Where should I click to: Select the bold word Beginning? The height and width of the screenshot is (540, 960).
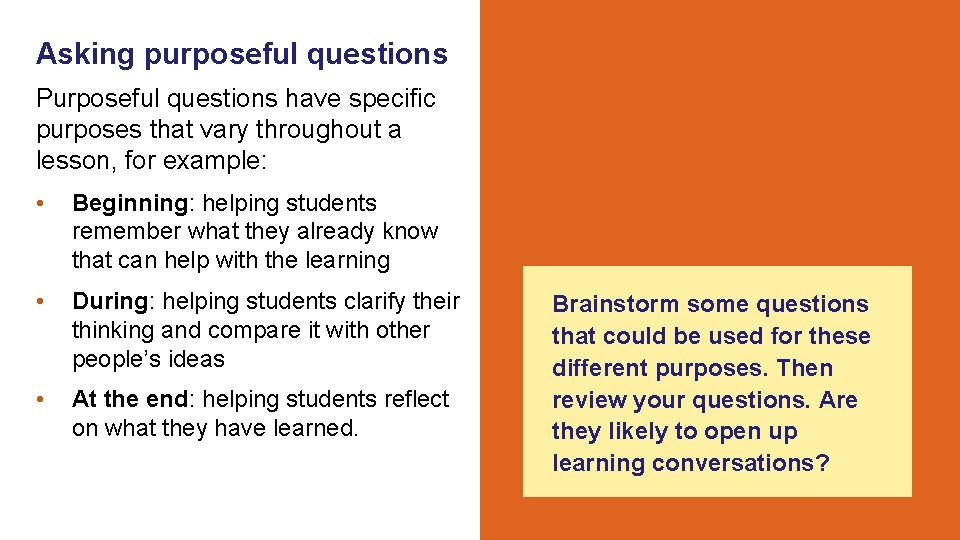(x=130, y=203)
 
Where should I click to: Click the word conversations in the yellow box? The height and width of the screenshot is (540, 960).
(x=741, y=464)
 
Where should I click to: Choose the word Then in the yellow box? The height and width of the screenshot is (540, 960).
(x=806, y=368)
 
